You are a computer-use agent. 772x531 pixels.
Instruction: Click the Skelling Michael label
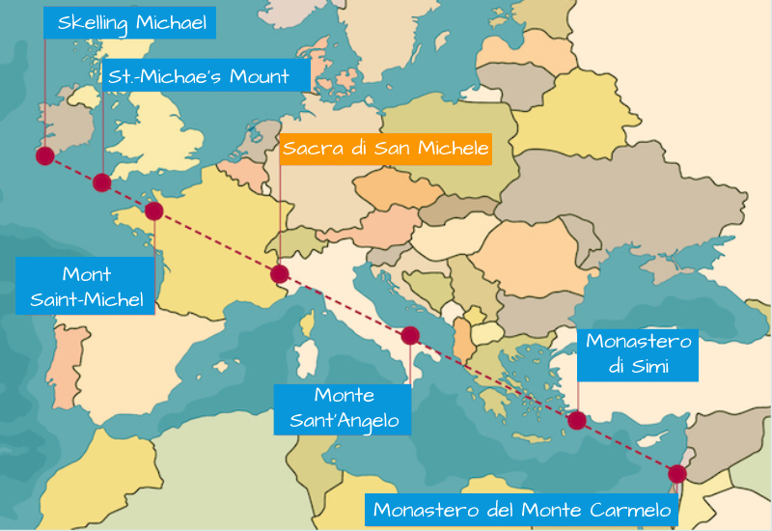[x=132, y=22]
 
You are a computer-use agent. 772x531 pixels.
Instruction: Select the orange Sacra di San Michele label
[x=386, y=149]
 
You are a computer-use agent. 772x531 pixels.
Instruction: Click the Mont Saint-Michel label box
[x=86, y=286]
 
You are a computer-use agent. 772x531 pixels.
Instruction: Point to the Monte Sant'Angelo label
[x=344, y=408]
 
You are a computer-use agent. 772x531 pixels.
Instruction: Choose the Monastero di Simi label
[x=640, y=352]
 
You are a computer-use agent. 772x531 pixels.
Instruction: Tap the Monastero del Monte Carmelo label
[x=520, y=510]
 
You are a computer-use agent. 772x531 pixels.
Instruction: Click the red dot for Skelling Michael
[x=44, y=155]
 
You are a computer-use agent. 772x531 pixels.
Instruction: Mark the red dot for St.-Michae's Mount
[x=101, y=182]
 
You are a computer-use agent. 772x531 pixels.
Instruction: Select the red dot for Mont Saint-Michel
[x=153, y=210]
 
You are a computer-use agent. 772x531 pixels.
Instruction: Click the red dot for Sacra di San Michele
[x=280, y=274]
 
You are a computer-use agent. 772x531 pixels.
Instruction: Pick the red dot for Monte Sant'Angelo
[x=410, y=336]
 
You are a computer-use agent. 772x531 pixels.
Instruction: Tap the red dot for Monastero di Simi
[x=577, y=420]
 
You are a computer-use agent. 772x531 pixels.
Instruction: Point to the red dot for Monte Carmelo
[x=676, y=473]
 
